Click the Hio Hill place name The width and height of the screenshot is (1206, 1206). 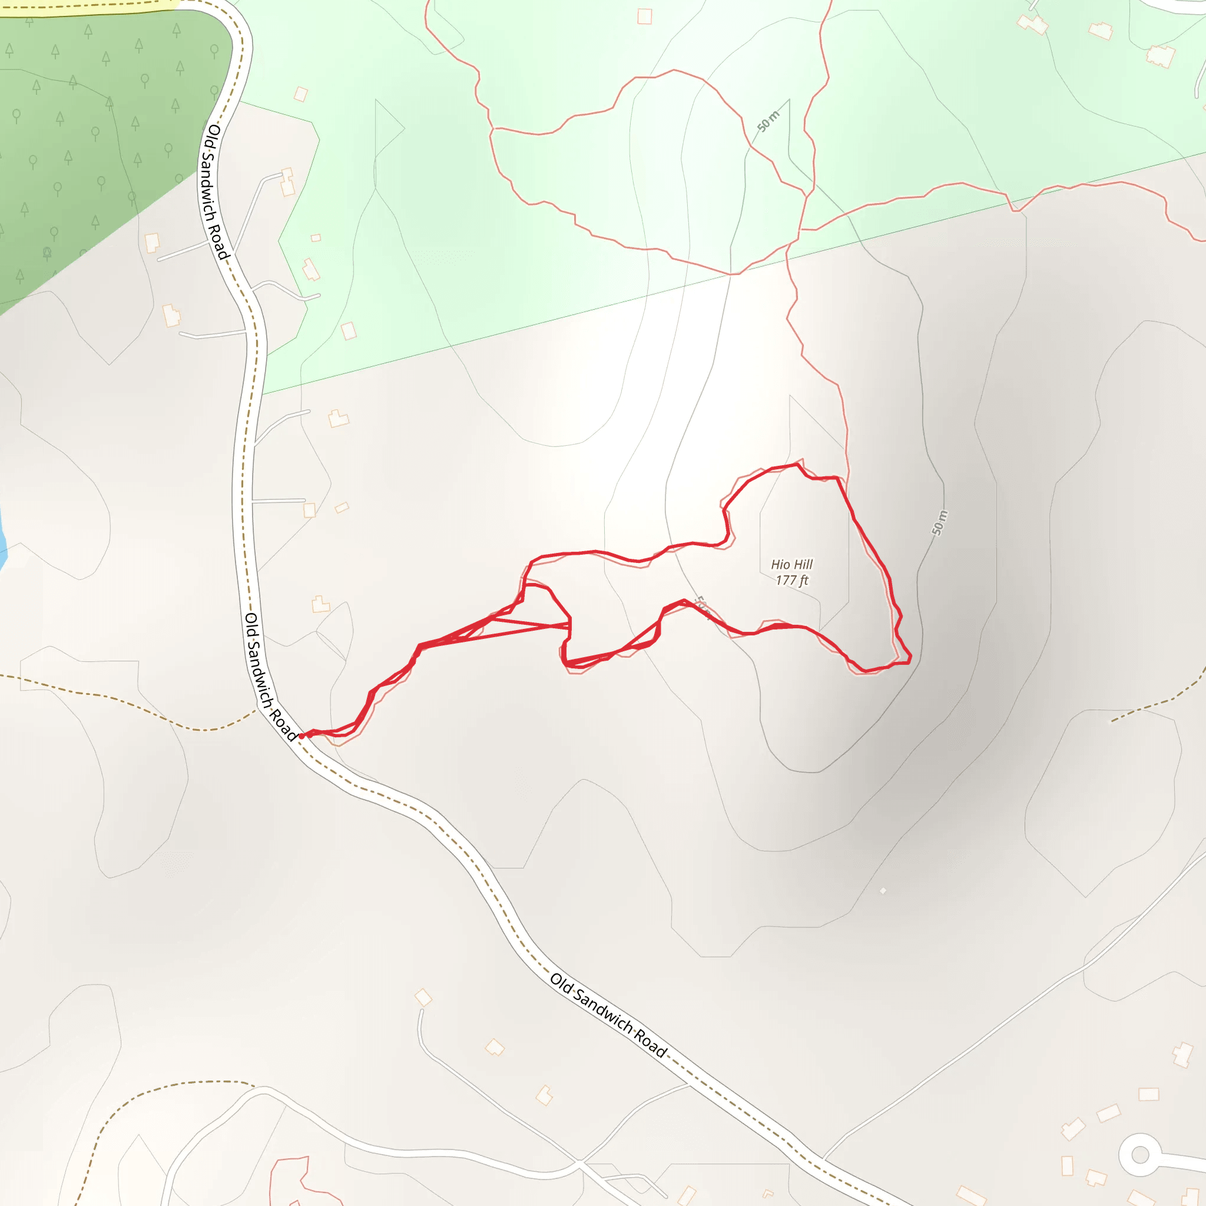click(x=791, y=564)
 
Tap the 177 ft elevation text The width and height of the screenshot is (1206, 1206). click(x=791, y=581)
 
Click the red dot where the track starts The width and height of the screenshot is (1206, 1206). click(x=301, y=737)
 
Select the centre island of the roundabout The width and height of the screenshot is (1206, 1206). click(x=1140, y=1155)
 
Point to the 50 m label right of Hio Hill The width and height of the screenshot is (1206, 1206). click(x=939, y=523)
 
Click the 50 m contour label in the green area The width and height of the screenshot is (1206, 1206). click(x=768, y=121)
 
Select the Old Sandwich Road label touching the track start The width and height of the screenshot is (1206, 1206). click(x=270, y=677)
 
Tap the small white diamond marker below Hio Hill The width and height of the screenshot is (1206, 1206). click(x=883, y=891)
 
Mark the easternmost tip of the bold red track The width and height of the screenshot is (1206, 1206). click(x=911, y=657)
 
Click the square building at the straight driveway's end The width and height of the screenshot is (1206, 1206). click(x=310, y=511)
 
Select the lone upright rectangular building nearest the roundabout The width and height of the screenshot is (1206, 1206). click(x=1068, y=1165)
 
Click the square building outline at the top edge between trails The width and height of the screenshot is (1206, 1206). click(x=645, y=17)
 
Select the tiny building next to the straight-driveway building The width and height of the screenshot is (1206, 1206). click(x=342, y=508)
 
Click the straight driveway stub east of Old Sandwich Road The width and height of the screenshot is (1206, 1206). click(x=278, y=501)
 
